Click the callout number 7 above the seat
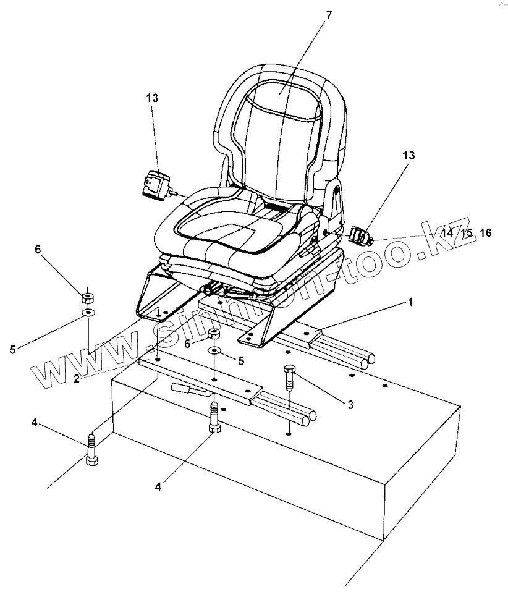pos(328,15)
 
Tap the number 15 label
pos(467,233)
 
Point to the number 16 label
pos(485,233)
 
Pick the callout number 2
pos(77,379)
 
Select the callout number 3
pos(350,405)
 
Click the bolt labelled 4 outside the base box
pos(91,451)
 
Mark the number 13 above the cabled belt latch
pos(152,98)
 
